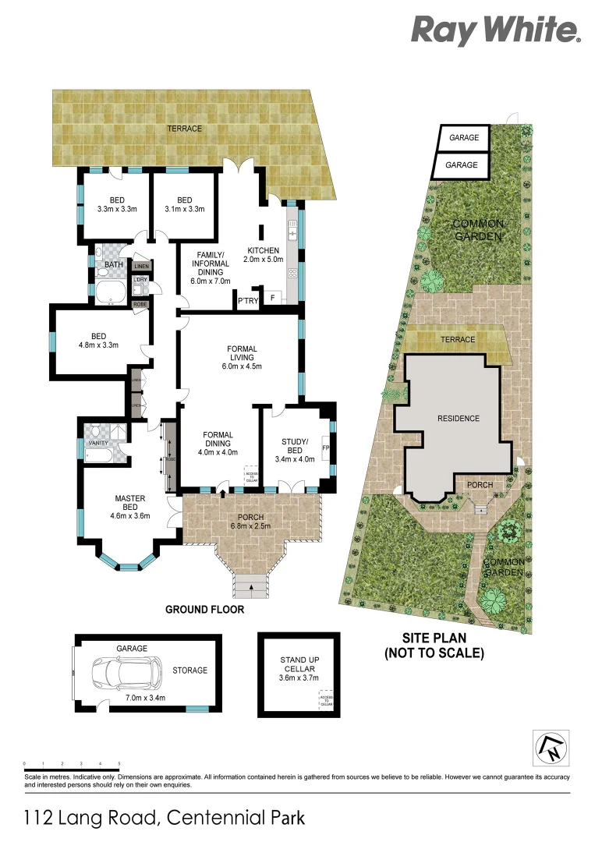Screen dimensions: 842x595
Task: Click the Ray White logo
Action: click(x=496, y=30)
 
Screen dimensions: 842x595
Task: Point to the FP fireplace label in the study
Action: click(x=326, y=449)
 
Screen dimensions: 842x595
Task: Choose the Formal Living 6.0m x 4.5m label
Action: click(x=242, y=357)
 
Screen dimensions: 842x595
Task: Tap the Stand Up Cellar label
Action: click(x=298, y=670)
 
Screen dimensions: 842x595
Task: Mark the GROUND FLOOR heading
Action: click(x=205, y=610)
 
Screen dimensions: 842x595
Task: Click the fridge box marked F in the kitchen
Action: click(x=272, y=297)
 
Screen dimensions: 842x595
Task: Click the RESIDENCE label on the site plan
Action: click(x=458, y=419)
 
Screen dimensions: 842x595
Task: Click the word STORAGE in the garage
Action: click(x=190, y=670)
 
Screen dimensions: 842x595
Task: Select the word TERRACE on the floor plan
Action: click(x=184, y=129)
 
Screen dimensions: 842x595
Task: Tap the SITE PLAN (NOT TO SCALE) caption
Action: click(x=434, y=646)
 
